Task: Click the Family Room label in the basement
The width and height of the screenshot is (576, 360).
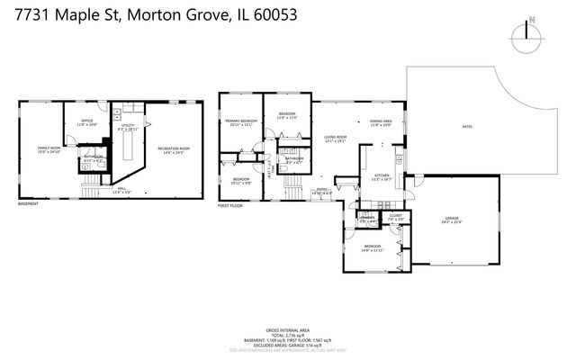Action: click(49, 148)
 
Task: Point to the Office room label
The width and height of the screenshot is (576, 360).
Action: click(87, 121)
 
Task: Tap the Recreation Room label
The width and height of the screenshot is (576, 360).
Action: click(173, 148)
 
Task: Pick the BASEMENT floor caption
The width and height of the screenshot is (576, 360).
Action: click(29, 204)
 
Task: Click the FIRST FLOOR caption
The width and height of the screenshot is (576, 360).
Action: click(231, 205)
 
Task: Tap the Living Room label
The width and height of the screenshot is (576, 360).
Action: click(335, 139)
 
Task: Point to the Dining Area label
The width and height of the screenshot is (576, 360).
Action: click(380, 122)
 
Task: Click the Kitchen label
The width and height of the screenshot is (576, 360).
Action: click(382, 176)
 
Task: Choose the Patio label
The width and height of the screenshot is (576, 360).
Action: click(467, 126)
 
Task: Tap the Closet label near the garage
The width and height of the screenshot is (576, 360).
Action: click(395, 217)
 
